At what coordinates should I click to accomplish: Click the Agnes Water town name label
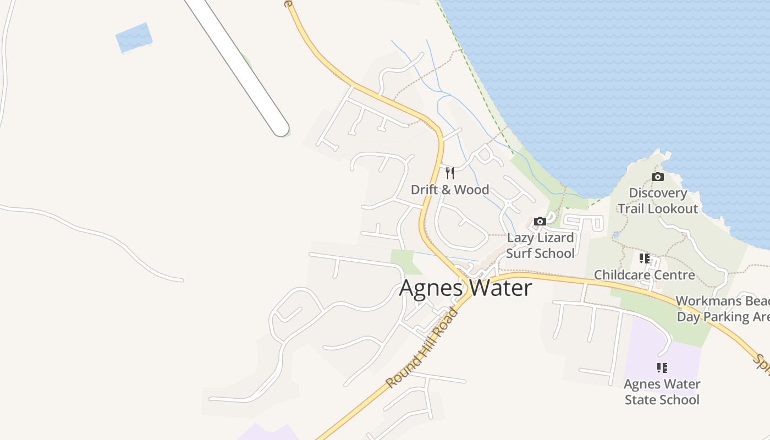pos(465,288)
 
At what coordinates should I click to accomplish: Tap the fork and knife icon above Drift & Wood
pos(450,174)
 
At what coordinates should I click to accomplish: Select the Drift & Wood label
pos(450,190)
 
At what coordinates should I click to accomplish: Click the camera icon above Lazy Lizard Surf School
pos(540,221)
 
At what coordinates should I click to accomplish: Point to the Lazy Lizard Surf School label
pos(540,245)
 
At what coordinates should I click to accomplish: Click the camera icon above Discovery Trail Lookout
pos(657,177)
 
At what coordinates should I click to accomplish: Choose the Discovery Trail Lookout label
pos(658,201)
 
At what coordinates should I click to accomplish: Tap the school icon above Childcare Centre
pos(645,258)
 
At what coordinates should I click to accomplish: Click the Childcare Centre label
pos(645,274)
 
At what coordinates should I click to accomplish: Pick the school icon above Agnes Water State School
pos(662,367)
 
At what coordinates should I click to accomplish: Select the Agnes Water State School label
pos(662,392)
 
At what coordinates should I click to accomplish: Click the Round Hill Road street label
pos(422,348)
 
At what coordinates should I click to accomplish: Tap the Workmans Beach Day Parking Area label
pos(723,309)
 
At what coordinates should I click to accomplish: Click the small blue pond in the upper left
pos(134,37)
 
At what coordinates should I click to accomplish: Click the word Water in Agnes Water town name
pos(500,288)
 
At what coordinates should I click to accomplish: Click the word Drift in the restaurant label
pos(425,190)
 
